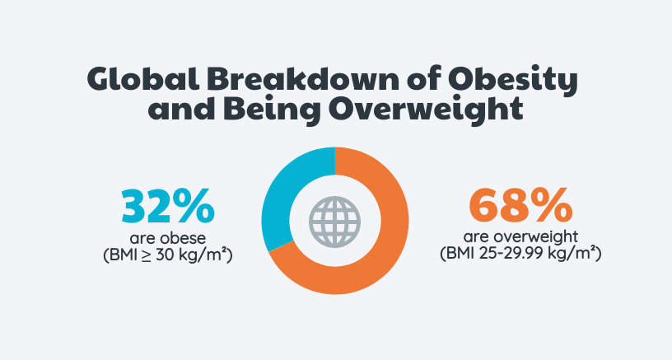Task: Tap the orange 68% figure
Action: click(x=516, y=207)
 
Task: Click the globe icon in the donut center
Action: click(x=335, y=220)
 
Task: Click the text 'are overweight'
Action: click(x=516, y=238)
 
